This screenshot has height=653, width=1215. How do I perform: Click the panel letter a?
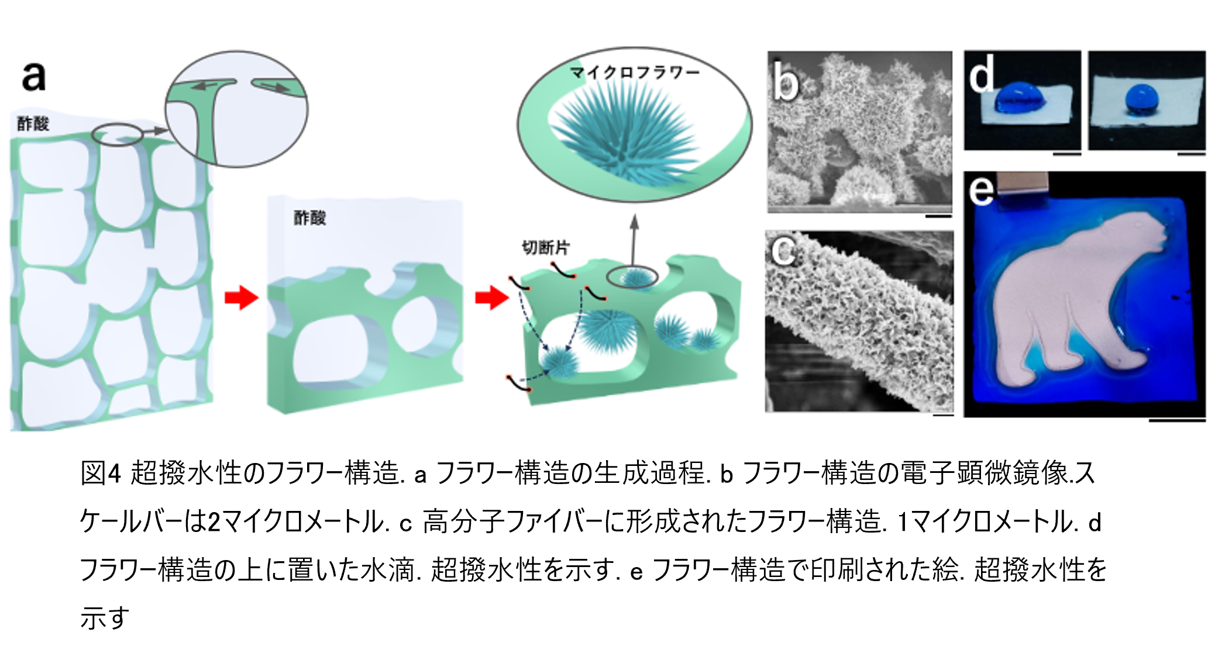click(33, 77)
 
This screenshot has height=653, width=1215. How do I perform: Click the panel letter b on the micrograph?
click(785, 79)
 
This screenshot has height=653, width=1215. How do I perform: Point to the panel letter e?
click(981, 190)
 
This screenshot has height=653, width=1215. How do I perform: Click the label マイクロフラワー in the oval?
click(635, 72)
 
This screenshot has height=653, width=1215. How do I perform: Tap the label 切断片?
click(545, 247)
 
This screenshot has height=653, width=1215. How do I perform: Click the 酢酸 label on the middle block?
click(309, 217)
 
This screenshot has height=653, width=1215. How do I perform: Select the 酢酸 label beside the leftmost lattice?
click(33, 123)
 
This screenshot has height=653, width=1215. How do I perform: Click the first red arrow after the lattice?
click(241, 298)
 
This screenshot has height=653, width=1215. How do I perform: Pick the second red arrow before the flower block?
click(491, 298)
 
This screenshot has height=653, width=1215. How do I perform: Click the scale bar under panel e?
click(1177, 420)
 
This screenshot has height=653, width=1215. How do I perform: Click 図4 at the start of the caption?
click(101, 472)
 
